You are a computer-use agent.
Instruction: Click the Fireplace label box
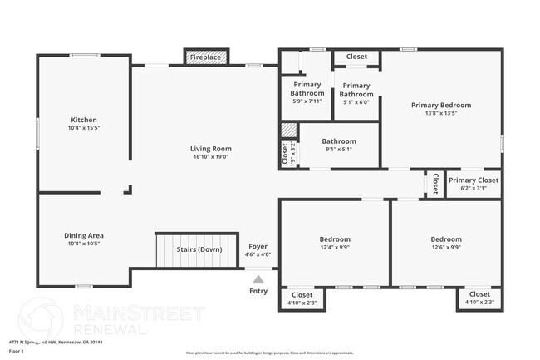(205, 57)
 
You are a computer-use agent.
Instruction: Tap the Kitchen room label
(83, 120)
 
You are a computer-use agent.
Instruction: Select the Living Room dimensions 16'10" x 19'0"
(212, 156)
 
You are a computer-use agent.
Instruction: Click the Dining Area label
(84, 235)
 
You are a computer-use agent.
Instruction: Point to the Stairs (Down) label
(199, 249)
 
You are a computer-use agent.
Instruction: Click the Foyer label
(259, 246)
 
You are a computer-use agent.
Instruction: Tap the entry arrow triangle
(259, 279)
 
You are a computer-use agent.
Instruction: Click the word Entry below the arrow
(259, 291)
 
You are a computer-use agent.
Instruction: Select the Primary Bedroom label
(441, 106)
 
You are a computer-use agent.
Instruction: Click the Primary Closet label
(474, 180)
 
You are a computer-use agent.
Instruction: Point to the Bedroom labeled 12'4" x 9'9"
(336, 239)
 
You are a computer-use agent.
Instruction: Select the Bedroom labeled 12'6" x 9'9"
(446, 239)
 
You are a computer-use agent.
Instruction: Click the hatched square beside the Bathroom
(288, 131)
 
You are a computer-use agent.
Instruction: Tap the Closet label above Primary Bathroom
(356, 57)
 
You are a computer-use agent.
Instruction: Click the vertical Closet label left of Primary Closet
(434, 184)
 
